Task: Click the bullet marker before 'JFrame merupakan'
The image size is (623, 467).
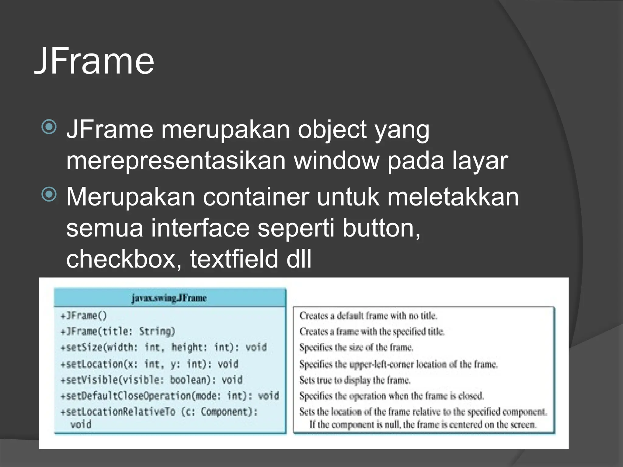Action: pyautogui.click(x=49, y=127)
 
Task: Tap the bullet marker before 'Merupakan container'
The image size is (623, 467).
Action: pyautogui.click(x=49, y=194)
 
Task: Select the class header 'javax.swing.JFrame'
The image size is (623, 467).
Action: pyautogui.click(x=169, y=298)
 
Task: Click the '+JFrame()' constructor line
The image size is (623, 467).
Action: pyautogui.click(x=84, y=316)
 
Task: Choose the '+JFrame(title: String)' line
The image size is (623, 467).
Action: pyautogui.click(x=118, y=331)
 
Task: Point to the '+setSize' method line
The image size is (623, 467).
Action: pyautogui.click(x=164, y=347)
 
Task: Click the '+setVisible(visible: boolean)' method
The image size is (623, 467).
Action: pyautogui.click(x=152, y=380)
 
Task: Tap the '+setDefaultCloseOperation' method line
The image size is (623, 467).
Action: pyautogui.click(x=170, y=396)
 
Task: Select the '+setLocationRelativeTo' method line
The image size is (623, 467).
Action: pyautogui.click(x=159, y=412)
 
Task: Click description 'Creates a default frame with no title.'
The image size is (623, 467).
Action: pyautogui.click(x=368, y=316)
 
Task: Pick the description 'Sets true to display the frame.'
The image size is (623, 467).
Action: pyautogui.click(x=355, y=380)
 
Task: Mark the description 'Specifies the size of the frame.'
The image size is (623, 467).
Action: pyautogui.click(x=356, y=347)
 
